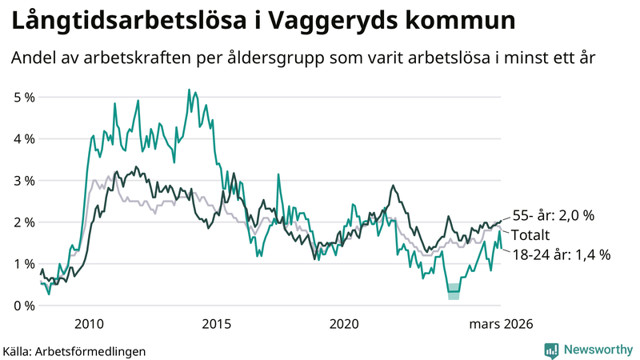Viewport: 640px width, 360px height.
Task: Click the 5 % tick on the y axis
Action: pos(23,98)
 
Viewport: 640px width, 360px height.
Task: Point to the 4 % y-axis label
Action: pos(23,139)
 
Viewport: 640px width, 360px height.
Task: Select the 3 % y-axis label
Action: pos(23,181)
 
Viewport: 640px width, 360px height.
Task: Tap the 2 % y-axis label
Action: pos(23,222)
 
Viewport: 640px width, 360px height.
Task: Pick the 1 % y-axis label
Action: pos(23,264)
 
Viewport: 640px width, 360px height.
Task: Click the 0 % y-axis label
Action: pos(23,306)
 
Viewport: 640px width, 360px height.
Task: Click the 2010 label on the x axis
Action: pos(89,324)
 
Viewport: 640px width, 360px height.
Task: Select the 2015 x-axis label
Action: pos(217,324)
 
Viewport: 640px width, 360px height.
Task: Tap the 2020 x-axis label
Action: pos(345,324)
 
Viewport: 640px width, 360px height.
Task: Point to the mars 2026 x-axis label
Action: pos(501,324)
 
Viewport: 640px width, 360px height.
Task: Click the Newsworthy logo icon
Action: pos(551,350)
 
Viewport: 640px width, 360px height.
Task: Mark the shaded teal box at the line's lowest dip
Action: pos(454,291)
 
